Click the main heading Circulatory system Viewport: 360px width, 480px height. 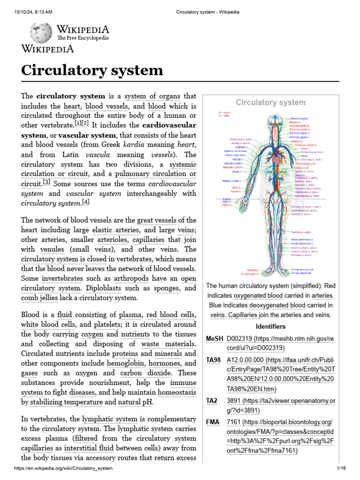coord(92,71)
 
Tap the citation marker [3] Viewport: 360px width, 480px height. coord(46,182)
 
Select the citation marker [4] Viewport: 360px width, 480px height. coord(85,202)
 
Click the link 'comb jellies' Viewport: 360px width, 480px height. coord(39,298)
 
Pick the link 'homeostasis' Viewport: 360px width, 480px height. coord(177,392)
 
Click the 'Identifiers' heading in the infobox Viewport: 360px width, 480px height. coord(270,326)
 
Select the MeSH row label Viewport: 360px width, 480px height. coord(214,338)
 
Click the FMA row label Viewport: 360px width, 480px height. coord(213,422)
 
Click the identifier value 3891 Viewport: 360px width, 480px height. coord(234,401)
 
